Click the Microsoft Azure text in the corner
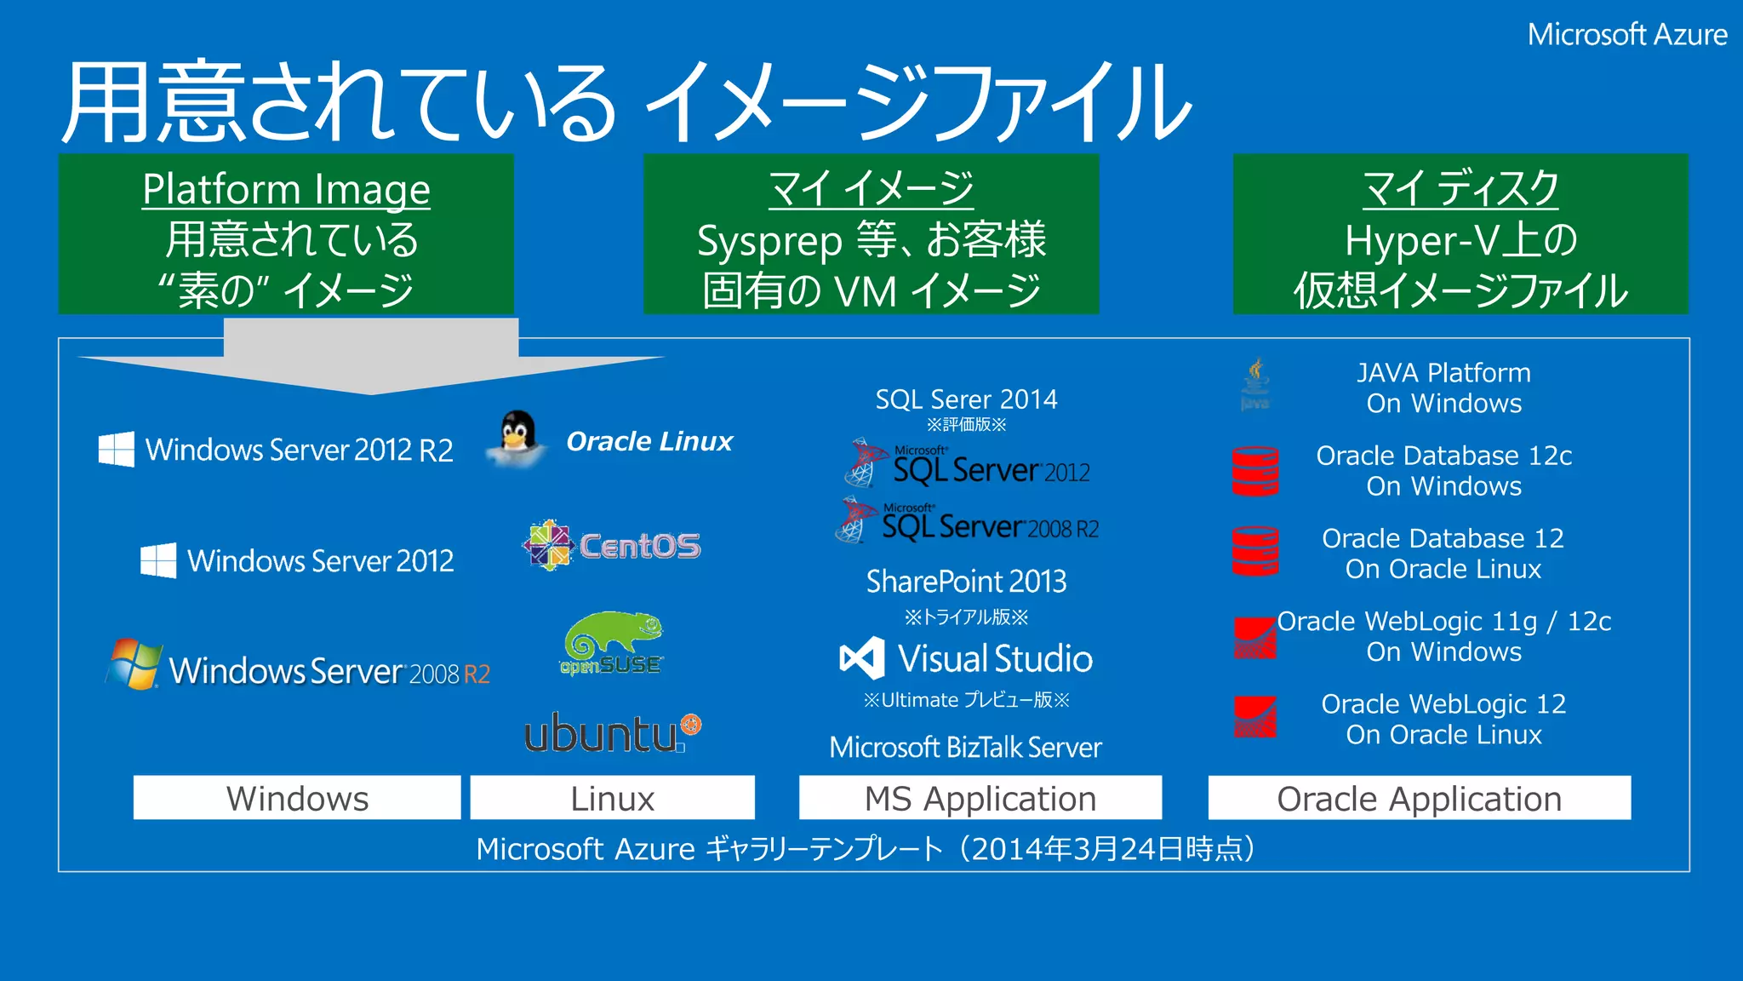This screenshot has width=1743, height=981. click(1626, 35)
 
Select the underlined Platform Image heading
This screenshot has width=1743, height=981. click(286, 189)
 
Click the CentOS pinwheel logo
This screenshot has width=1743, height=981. click(548, 545)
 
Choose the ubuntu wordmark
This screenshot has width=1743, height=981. click(611, 734)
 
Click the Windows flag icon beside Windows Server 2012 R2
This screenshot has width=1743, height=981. click(117, 449)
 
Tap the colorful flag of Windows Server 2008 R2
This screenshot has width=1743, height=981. click(134, 664)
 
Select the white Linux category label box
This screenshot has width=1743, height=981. click(612, 798)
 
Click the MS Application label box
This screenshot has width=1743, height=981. click(980, 798)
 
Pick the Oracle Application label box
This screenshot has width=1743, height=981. click(1419, 798)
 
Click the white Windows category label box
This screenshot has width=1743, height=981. click(297, 798)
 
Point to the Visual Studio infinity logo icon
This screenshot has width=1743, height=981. click(861, 658)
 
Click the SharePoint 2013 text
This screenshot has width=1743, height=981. click(966, 582)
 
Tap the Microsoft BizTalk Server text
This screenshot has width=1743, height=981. click(965, 748)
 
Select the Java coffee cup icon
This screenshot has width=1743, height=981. click(1255, 383)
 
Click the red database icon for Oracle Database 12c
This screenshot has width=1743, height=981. click(1255, 471)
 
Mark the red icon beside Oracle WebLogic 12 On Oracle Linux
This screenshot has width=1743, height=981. click(1255, 717)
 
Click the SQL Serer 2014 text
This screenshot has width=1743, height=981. click(966, 399)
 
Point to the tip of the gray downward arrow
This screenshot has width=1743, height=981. click(371, 393)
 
